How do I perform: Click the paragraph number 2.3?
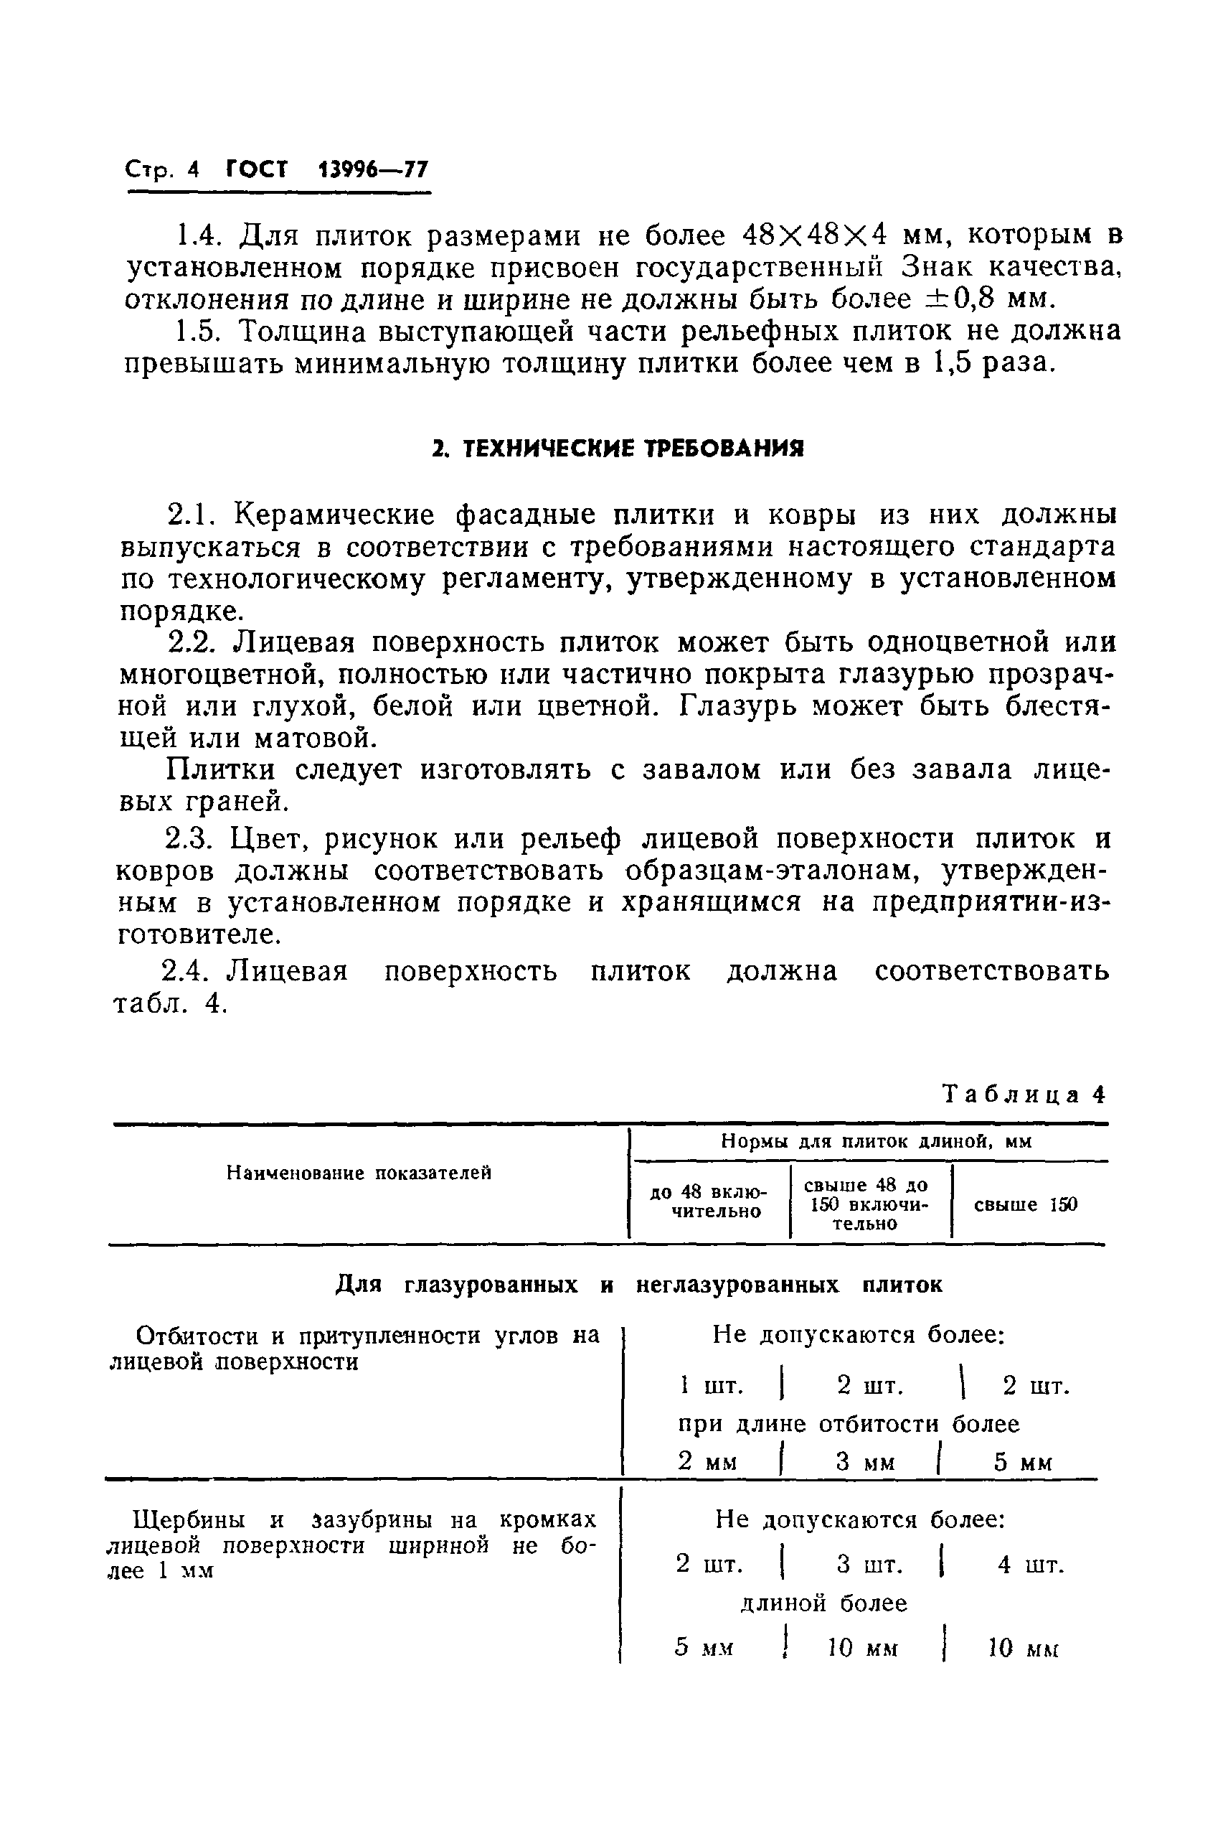pos(189,839)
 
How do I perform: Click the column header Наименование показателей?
pos(359,1173)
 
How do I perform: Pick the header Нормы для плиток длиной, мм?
pos(876,1141)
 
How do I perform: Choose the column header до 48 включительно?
pos(708,1201)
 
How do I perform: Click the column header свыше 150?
pos(1025,1204)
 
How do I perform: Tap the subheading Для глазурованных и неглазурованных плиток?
pos(638,1285)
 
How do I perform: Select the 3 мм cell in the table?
pos(864,1462)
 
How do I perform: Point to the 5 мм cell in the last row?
pos(703,1647)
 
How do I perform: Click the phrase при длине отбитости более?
pos(848,1423)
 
